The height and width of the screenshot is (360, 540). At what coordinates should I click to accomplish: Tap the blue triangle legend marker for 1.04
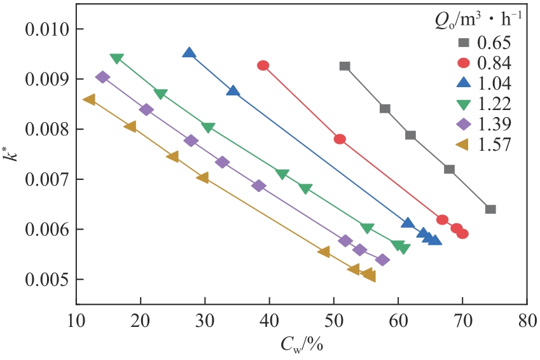tap(464, 83)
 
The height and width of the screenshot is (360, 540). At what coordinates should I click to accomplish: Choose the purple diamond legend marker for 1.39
tap(464, 123)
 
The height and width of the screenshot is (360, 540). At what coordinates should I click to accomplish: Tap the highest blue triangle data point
tap(189, 53)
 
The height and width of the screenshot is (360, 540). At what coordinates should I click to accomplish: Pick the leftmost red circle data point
tap(263, 66)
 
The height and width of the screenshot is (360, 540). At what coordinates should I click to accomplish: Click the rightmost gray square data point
tap(490, 209)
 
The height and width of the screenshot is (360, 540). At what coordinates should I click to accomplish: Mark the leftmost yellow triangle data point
tap(89, 99)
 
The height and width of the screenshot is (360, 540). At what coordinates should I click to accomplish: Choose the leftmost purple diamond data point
tap(102, 77)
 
